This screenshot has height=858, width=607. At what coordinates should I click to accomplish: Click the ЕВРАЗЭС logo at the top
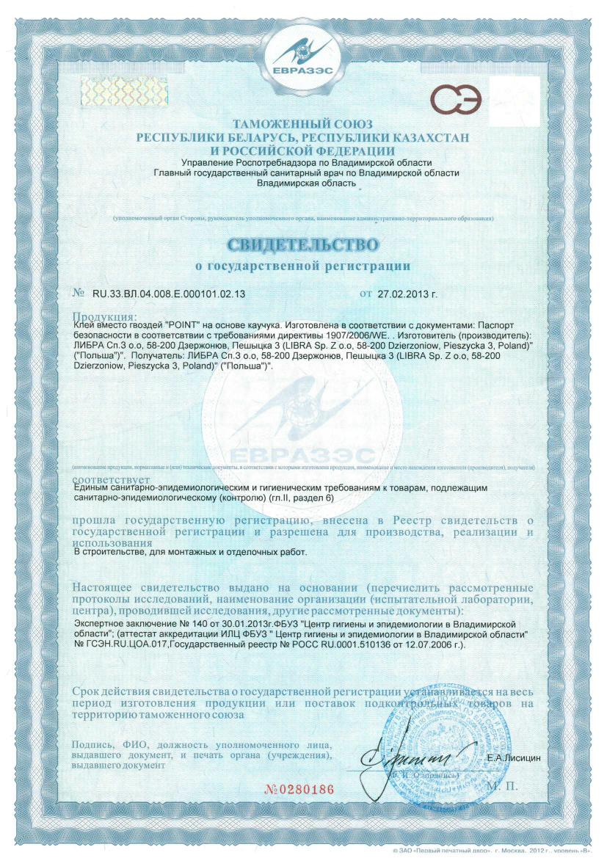[303, 56]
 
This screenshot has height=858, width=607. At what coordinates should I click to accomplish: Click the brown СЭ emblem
[457, 98]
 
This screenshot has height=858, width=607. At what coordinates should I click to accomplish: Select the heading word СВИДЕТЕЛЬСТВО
[303, 244]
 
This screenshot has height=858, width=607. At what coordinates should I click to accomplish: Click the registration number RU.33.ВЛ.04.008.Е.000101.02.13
[168, 294]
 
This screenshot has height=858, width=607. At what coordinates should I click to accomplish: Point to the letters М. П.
[503, 785]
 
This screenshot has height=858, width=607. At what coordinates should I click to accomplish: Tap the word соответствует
[106, 477]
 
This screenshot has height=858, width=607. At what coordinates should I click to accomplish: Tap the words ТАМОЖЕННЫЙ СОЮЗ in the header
[302, 124]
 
